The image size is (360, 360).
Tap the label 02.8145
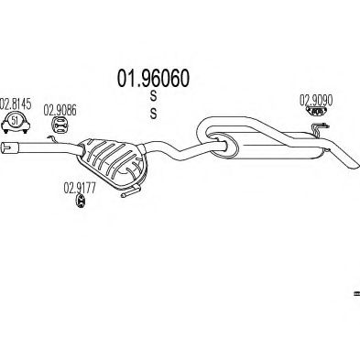pos(16,103)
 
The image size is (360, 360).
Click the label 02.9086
pos(60,106)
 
